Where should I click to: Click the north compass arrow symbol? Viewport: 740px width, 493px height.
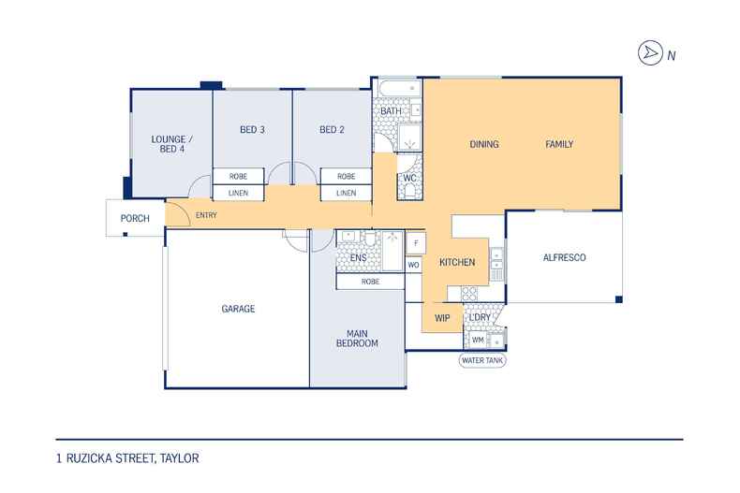(650, 52)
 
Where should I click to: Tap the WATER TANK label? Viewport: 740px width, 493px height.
(482, 360)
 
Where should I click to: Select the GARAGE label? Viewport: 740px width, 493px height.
(238, 309)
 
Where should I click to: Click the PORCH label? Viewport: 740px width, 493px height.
(135, 219)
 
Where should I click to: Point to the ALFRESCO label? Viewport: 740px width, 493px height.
(565, 258)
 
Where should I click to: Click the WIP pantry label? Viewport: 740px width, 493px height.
(442, 319)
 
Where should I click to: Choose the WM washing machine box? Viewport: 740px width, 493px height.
(478, 340)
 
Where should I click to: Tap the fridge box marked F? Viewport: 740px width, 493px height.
(416, 243)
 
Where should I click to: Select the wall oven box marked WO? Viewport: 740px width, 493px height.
(413, 265)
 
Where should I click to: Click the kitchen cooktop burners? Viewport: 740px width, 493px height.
(469, 294)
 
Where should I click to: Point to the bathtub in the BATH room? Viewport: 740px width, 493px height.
(400, 88)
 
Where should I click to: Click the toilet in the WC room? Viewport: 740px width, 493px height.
(409, 191)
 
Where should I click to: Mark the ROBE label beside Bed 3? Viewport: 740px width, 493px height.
(238, 176)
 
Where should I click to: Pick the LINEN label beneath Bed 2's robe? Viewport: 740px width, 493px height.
(346, 194)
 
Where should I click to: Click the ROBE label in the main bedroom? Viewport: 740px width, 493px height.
(371, 282)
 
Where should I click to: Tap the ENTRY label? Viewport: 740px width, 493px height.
(206, 215)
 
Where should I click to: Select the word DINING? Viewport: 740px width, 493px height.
(484, 144)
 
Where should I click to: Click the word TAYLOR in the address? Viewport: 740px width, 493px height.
(179, 458)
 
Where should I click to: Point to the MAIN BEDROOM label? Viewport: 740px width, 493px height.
(357, 339)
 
